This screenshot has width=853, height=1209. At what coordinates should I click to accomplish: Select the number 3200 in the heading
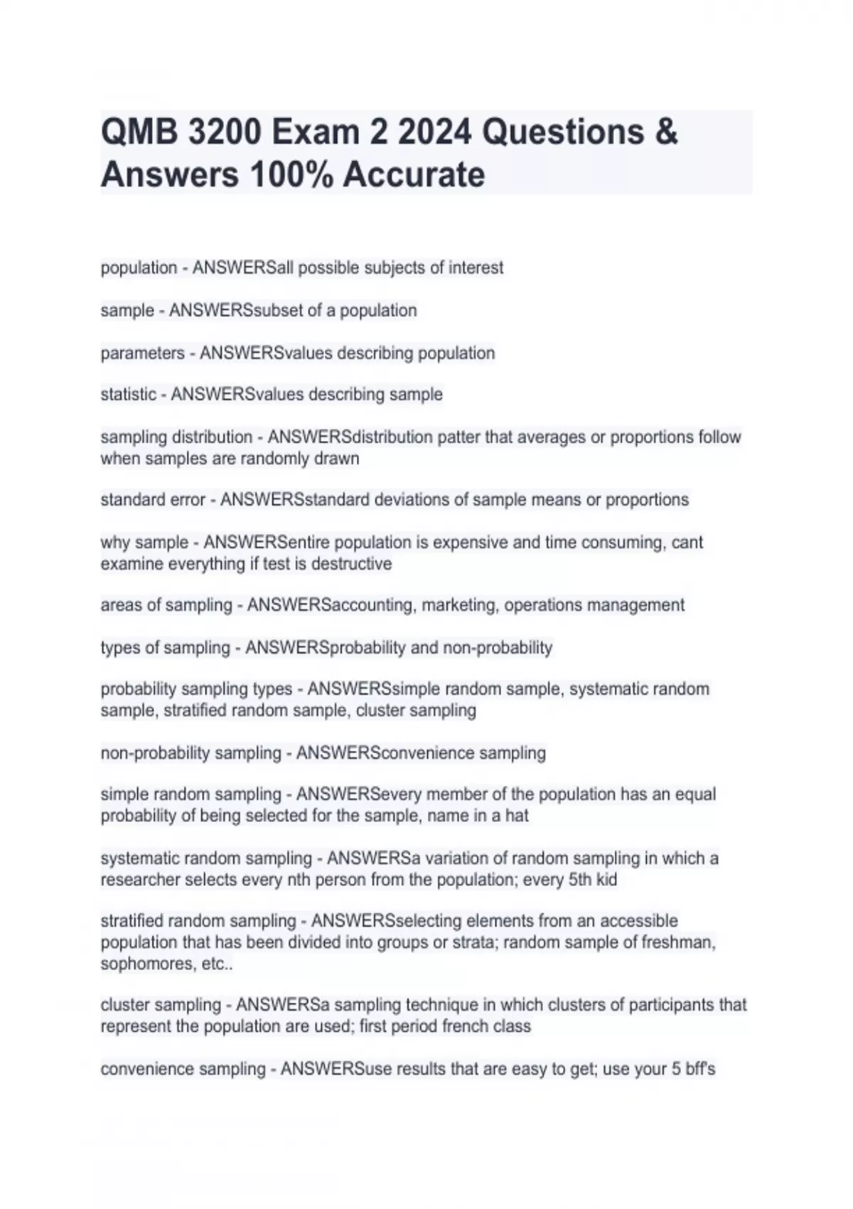pos(226,132)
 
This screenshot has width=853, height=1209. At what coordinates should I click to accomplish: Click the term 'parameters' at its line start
pos(142,353)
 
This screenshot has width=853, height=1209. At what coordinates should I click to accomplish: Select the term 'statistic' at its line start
pos(128,395)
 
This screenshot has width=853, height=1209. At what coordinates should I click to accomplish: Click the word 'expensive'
pos(470,543)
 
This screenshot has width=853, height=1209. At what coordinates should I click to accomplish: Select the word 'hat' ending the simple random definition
pos(517,816)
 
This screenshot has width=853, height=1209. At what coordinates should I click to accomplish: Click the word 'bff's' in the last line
pos(700,1069)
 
